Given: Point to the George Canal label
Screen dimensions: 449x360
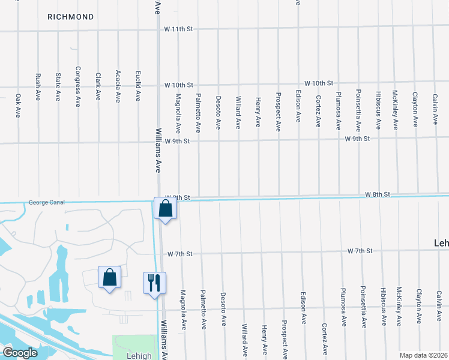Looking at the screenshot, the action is [46, 203].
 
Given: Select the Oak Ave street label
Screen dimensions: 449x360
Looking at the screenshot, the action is [18, 105].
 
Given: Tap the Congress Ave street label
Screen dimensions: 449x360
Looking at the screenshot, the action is [77, 86].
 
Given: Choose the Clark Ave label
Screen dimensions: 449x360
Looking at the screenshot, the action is [98, 86].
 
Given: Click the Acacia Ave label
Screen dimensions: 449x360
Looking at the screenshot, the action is [118, 87].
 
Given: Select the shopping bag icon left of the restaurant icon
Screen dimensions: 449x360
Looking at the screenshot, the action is [109, 278].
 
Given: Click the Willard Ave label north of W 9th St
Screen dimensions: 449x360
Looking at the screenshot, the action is [238, 113].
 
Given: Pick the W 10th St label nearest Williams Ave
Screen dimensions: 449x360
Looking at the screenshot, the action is [179, 85].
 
